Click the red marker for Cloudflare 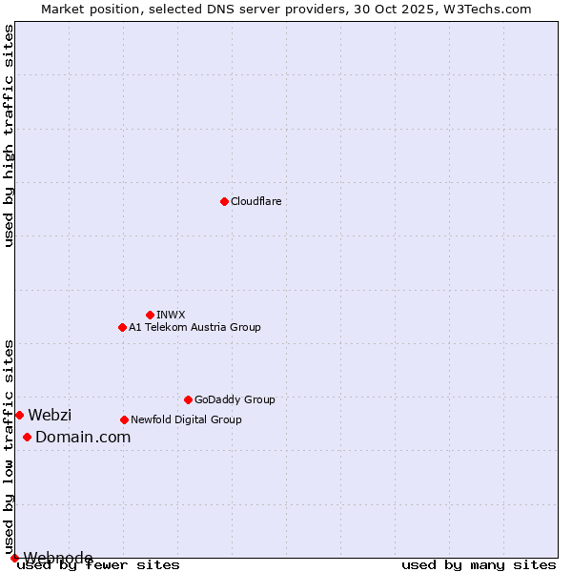(224, 201)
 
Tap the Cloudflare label (255, 201)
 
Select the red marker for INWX (150, 315)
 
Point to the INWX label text (171, 315)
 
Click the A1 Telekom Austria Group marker (122, 327)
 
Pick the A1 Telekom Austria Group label (194, 327)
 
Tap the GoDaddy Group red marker (188, 399)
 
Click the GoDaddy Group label (235, 399)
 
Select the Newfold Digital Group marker (124, 419)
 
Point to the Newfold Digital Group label (186, 419)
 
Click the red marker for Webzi (19, 415)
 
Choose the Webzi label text (50, 415)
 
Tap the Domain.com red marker (27, 437)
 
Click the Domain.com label (83, 437)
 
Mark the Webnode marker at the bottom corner (14, 558)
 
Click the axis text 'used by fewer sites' (98, 564)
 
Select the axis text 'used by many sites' (479, 564)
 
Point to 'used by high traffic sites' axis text (10, 135)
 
